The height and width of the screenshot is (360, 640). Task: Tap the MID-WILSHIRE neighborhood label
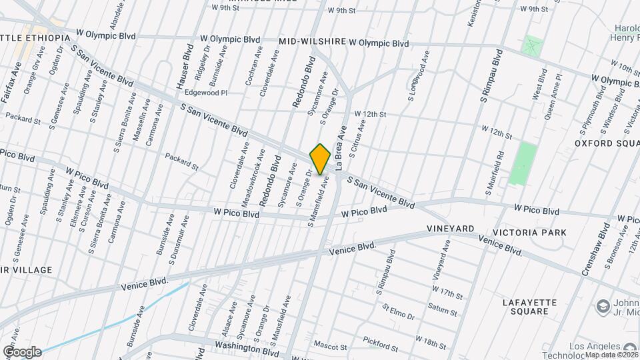[x=312, y=41]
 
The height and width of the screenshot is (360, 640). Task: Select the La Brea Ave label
[x=341, y=148]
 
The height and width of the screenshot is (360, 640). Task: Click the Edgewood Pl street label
[x=206, y=93]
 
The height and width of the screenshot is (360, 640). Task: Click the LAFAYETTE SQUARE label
[x=529, y=307]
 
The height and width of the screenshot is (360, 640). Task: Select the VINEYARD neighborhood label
[x=451, y=229]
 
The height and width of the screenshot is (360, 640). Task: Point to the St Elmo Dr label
[x=398, y=311]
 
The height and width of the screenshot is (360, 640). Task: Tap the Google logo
[x=21, y=351]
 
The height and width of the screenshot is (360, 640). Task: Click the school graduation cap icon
[x=604, y=305]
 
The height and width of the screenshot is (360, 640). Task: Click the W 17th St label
[x=447, y=293]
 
